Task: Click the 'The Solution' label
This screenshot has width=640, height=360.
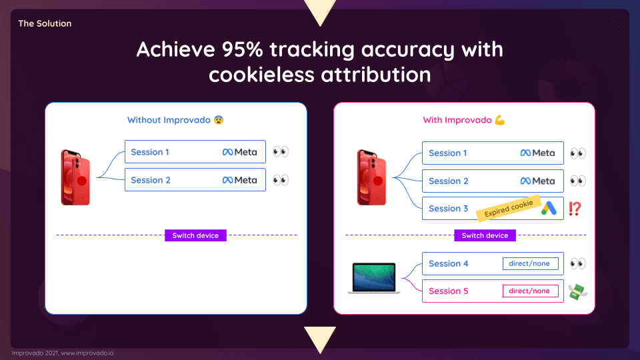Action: point(45,23)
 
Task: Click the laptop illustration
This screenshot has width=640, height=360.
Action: point(374,278)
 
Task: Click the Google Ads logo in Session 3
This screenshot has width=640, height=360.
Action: point(549,208)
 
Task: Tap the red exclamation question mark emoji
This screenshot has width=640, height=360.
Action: point(575,209)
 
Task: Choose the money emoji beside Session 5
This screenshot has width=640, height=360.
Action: point(577,291)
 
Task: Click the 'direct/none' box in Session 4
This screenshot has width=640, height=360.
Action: point(530,263)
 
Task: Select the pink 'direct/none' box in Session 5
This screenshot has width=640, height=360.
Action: point(530,291)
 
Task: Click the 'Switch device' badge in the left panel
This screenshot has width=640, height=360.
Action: point(195,235)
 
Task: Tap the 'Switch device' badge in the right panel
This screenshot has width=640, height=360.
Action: point(485,235)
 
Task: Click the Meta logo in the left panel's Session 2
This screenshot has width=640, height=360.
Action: point(239,180)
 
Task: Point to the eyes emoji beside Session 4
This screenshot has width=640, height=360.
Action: point(577,263)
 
